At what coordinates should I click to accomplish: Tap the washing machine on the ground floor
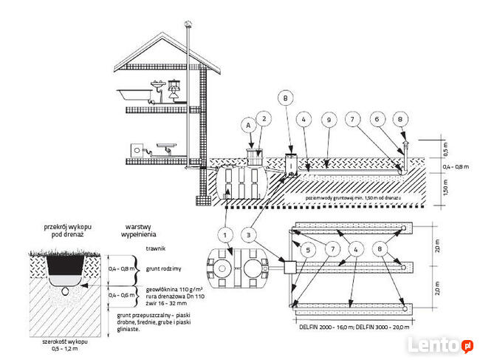(138, 149)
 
